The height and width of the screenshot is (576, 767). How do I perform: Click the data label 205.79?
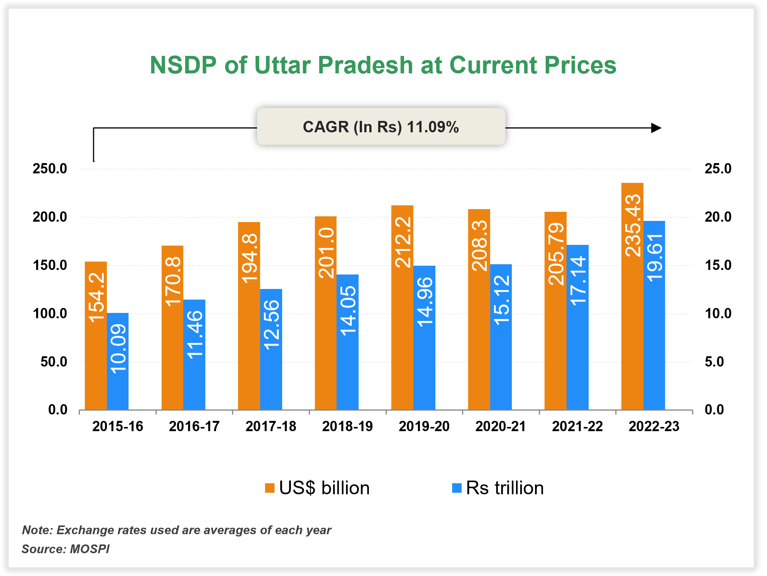[x=556, y=254]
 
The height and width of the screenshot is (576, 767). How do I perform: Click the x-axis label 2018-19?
[x=347, y=426]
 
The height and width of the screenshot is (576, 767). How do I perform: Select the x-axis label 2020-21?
[x=500, y=426]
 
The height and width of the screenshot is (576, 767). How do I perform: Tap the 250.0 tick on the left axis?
[x=50, y=168]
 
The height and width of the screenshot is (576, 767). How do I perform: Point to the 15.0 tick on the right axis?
[x=718, y=265]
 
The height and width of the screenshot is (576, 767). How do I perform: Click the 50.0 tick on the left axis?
[x=54, y=362]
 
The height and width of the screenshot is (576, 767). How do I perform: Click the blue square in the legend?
[x=457, y=488]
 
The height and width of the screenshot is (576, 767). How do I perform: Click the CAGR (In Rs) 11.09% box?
[x=381, y=127]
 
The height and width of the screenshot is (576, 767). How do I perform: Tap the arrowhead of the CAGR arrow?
[x=656, y=128]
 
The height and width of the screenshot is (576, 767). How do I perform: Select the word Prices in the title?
[x=580, y=65]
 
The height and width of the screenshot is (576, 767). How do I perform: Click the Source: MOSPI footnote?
[x=65, y=549]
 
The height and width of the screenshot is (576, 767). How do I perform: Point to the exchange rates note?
[x=176, y=530]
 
